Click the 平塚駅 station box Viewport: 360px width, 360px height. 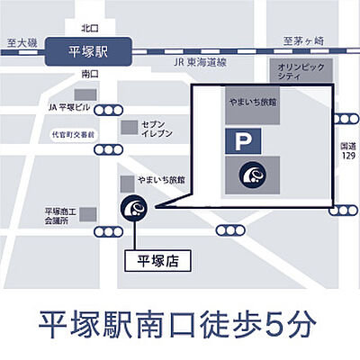click(x=87, y=51)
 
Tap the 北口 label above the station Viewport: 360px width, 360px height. click(x=88, y=30)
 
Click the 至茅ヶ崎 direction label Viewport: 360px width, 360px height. click(x=302, y=40)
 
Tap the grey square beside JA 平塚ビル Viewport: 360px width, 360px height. click(x=85, y=95)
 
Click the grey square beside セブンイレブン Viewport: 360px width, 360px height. click(x=131, y=127)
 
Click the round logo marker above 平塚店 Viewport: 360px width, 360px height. click(x=135, y=209)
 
